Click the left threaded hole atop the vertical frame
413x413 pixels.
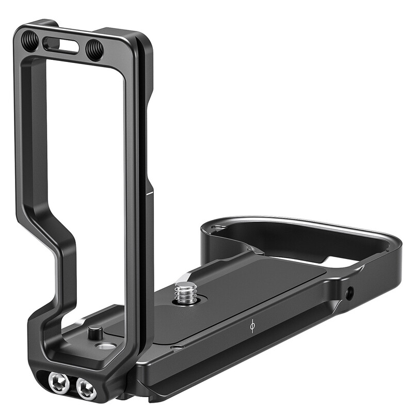[x=29, y=41]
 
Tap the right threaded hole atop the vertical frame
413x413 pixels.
[x=94, y=50]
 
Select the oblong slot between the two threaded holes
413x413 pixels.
[x=61, y=45]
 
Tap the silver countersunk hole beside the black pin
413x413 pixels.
[x=106, y=345]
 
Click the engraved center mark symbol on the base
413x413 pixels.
[x=252, y=326]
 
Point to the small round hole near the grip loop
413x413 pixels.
[x=351, y=293]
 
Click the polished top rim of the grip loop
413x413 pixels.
[x=289, y=220]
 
